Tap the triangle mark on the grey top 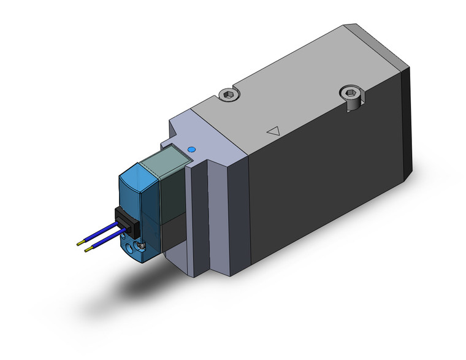[274, 131]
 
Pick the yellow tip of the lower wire [88, 252]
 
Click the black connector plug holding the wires [123, 220]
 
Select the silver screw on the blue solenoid [142, 247]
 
